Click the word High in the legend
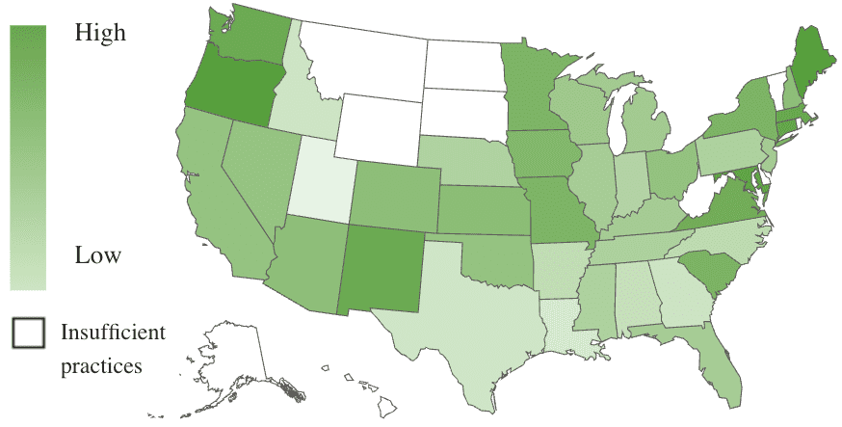(x=100, y=33)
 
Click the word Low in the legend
(x=98, y=256)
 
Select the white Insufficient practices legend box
(x=29, y=333)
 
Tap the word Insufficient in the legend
(x=114, y=333)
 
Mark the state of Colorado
(x=396, y=198)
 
